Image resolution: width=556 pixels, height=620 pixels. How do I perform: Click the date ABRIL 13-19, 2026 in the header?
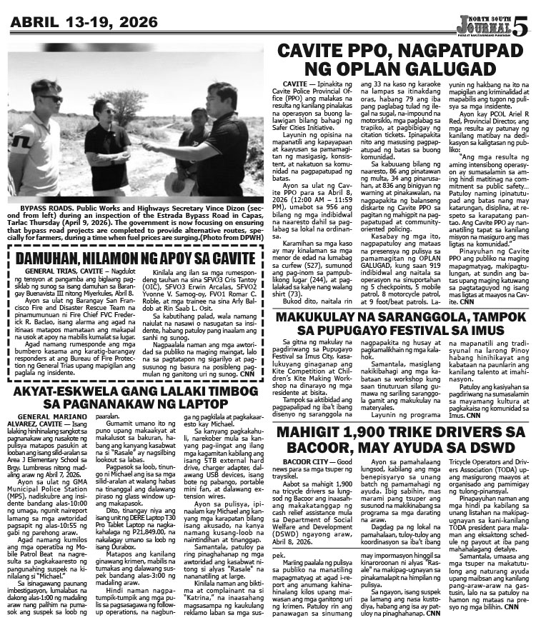tap(86, 19)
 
